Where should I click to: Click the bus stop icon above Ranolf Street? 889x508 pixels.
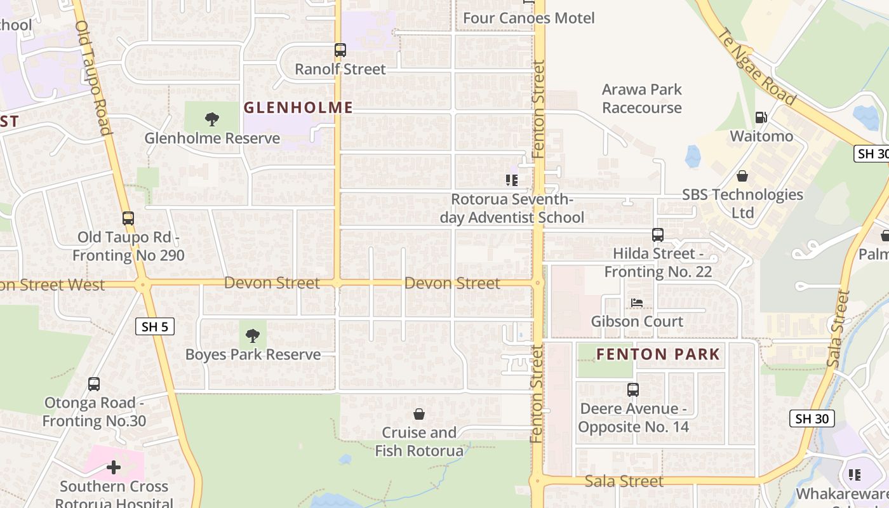[x=340, y=50]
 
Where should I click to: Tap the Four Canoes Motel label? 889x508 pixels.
[x=528, y=18]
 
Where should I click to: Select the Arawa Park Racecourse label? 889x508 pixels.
[x=641, y=98]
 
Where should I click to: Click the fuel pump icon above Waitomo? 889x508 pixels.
[x=760, y=117]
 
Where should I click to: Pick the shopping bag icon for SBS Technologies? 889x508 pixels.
[x=742, y=176]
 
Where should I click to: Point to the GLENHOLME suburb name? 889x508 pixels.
[x=298, y=107]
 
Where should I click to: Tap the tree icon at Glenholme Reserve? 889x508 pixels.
[x=212, y=119]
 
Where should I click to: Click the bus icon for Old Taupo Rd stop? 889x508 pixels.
[x=128, y=218]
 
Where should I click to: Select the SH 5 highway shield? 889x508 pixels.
[x=155, y=327]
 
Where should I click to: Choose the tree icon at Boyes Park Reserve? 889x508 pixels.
[x=253, y=335]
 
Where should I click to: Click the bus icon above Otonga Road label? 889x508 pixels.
[x=94, y=384]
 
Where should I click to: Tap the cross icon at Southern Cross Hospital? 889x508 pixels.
[x=114, y=468]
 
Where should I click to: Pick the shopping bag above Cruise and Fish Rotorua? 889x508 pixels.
[x=419, y=414]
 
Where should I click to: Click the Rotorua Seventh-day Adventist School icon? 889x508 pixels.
[x=512, y=180]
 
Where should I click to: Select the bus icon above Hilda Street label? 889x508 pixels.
[x=658, y=235]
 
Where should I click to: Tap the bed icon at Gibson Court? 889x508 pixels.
[x=637, y=303]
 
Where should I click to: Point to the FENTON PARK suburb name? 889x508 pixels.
[x=658, y=354]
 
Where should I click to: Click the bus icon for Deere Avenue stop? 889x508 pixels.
[x=633, y=390]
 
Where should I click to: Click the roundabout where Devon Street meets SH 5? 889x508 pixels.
[x=142, y=284]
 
